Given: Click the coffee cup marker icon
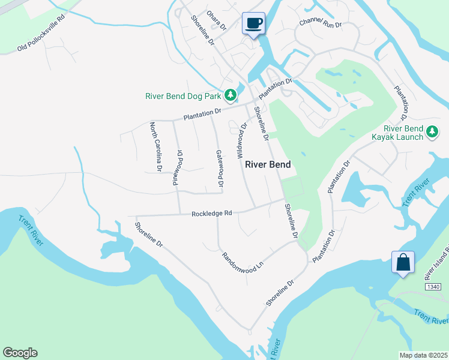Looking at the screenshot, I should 254,23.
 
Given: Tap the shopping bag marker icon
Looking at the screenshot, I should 402,262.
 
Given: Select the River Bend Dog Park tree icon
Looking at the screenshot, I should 230,95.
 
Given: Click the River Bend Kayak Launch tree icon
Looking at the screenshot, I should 432,131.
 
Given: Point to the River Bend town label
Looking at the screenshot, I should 268,164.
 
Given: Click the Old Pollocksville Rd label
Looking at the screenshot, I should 41,38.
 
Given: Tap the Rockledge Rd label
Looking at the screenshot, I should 211,213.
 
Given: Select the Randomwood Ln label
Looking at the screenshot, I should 243,262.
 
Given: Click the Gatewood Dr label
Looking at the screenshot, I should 220,167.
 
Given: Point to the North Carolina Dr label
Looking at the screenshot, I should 156,147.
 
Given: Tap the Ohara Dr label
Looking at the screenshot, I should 216,20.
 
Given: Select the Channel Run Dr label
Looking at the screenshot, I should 321,25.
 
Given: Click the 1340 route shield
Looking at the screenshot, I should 435,287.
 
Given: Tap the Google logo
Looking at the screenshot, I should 20,353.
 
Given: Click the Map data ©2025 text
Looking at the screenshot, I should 423,355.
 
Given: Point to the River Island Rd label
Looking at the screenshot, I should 437,263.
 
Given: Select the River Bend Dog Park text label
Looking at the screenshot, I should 184,96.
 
